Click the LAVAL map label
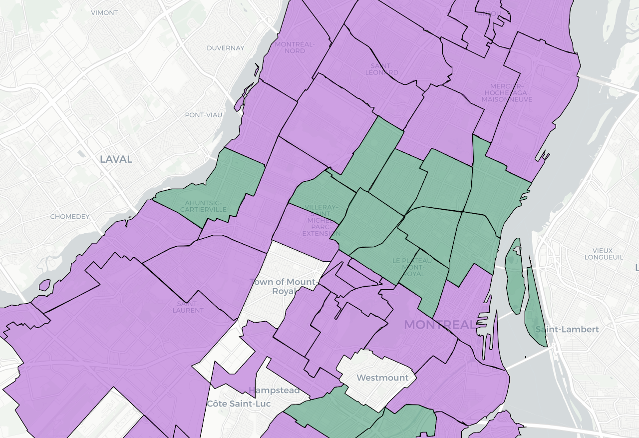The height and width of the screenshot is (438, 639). [x=116, y=159]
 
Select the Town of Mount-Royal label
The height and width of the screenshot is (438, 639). [x=283, y=287]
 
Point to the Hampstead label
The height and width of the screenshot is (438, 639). [x=274, y=390]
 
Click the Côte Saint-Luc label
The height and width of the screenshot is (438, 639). [x=239, y=403]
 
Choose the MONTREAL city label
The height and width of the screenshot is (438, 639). [x=440, y=325]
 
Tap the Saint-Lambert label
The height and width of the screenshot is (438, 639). [x=567, y=330]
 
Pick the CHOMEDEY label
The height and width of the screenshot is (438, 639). [x=70, y=217]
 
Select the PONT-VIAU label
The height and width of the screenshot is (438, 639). [x=203, y=115]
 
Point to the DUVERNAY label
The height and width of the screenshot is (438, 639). [x=226, y=48]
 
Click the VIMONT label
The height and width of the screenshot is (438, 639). [x=104, y=12]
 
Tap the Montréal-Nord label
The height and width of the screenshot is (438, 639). [x=295, y=47]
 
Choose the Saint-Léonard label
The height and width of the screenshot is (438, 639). [x=382, y=69]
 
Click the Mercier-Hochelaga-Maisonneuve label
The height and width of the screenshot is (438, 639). [x=507, y=92]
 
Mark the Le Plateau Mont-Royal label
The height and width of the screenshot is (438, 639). [x=412, y=267]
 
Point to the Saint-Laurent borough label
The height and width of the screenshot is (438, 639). [x=188, y=307]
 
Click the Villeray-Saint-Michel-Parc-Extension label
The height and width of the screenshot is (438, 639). [x=321, y=220]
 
